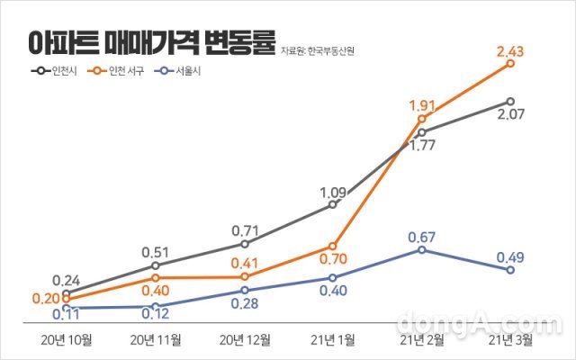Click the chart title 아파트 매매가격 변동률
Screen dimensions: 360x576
(x=149, y=42)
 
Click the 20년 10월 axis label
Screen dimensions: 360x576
(x=66, y=339)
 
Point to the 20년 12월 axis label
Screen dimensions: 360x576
(x=244, y=339)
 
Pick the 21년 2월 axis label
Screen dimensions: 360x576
(x=421, y=339)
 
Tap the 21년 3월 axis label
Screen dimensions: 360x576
(x=510, y=339)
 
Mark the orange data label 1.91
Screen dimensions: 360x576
(x=422, y=103)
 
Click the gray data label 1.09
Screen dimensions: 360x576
(x=333, y=191)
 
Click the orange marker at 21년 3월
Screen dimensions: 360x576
(x=510, y=63)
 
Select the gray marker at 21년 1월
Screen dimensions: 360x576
(x=333, y=205)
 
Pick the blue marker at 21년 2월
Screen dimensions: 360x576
(x=421, y=250)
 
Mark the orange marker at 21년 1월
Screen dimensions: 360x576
(x=333, y=246)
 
